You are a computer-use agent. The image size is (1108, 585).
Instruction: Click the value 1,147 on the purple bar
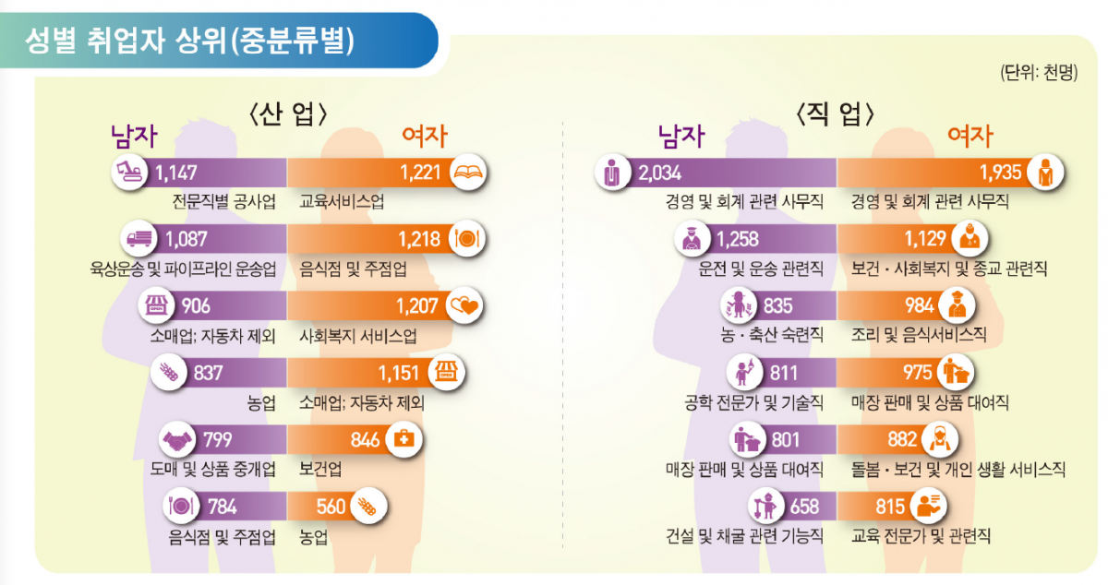177,172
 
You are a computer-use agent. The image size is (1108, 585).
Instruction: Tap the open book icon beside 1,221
469,172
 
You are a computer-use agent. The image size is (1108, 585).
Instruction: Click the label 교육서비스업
343,201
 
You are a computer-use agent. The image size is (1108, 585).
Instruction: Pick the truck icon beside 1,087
139,238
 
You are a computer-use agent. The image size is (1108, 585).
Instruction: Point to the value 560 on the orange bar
330,507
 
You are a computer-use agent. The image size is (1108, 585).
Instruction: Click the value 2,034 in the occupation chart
659,172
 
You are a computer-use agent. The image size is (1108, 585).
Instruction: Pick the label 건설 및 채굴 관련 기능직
744,536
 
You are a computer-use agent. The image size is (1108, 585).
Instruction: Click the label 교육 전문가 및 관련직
921,536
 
